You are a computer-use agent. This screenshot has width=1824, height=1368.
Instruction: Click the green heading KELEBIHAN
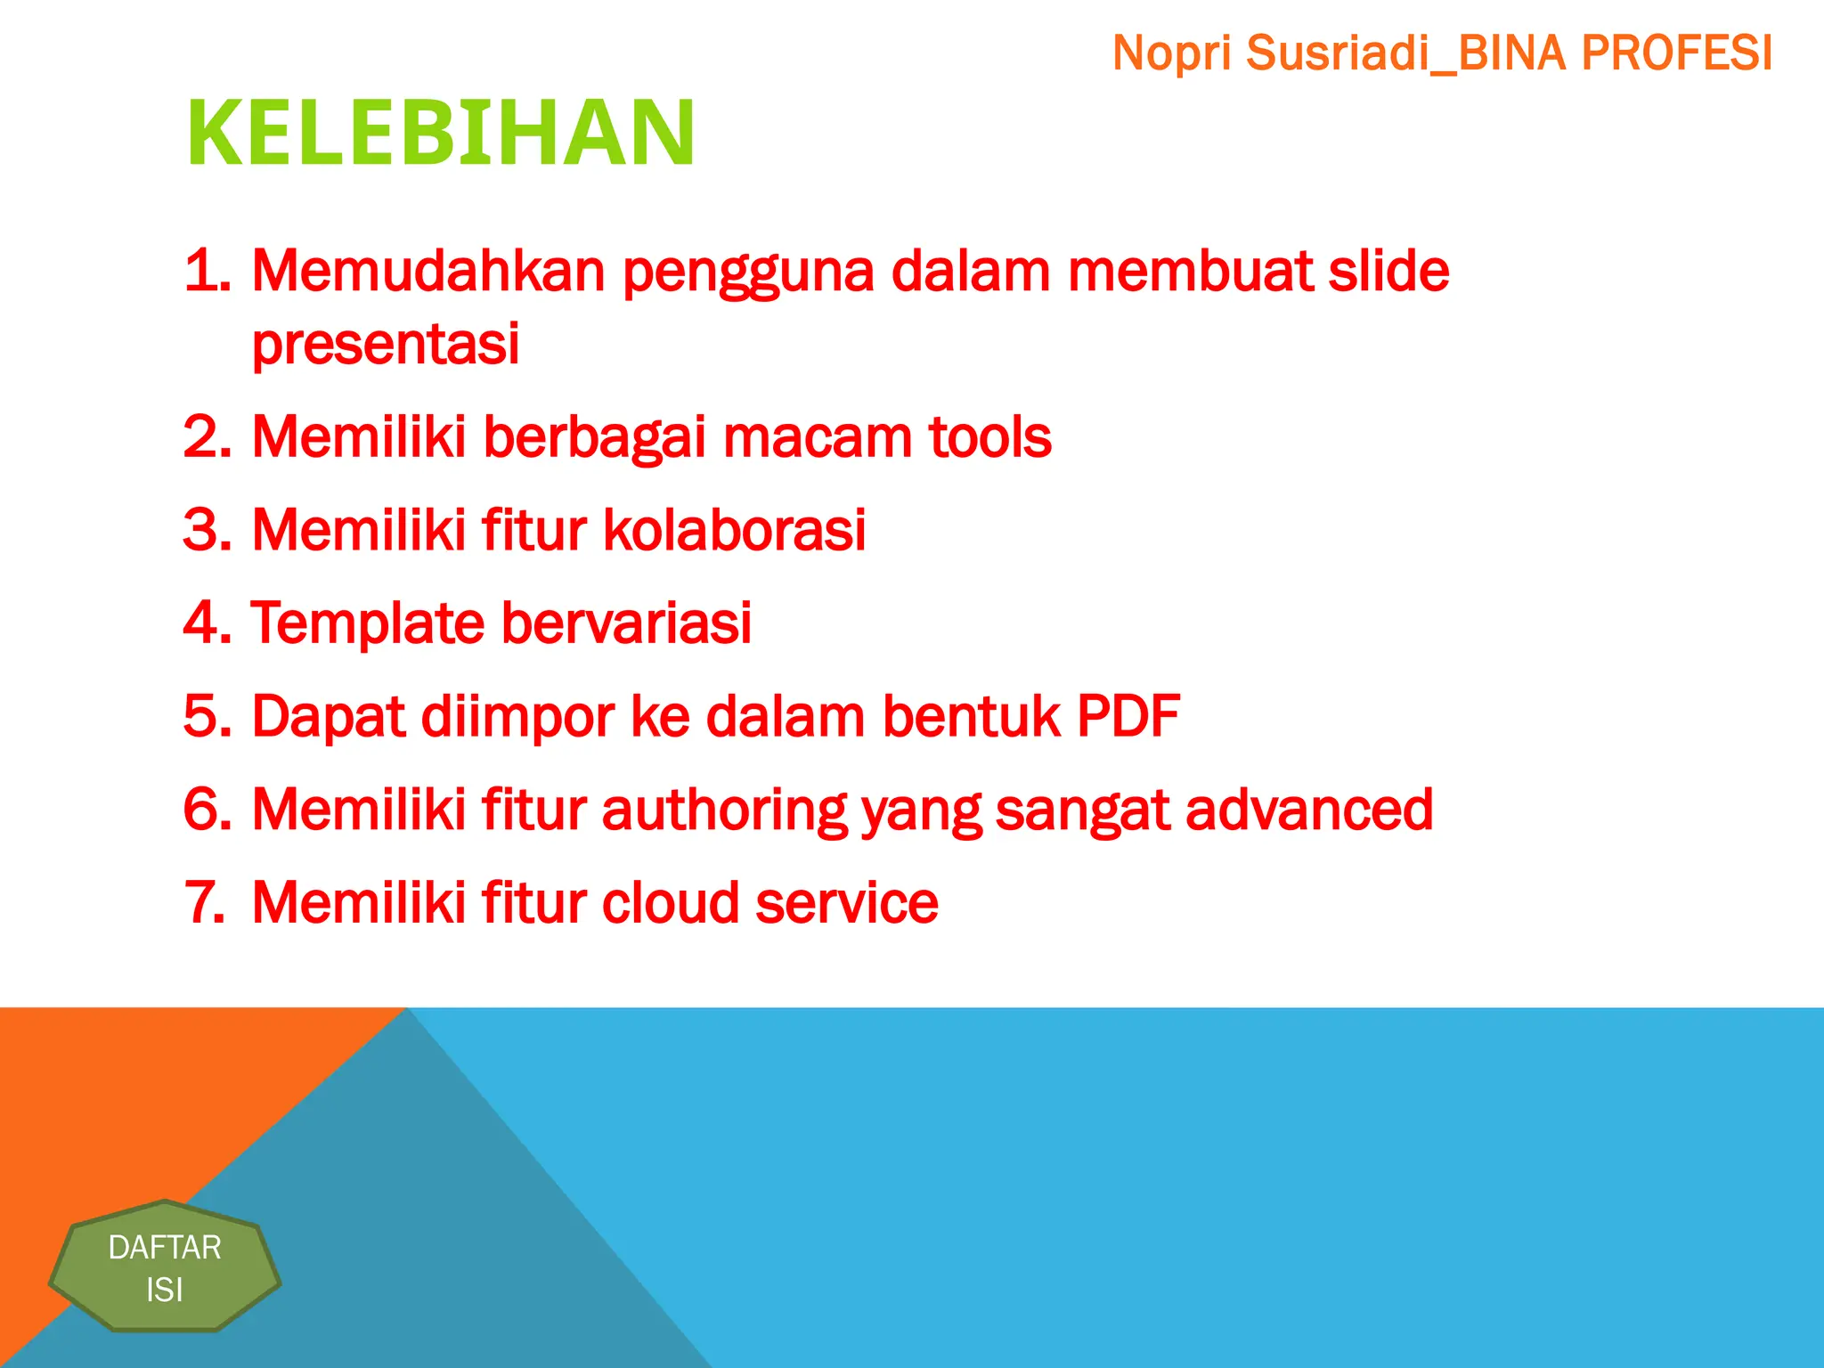[x=440, y=134]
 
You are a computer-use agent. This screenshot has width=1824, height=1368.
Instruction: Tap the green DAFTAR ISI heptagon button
[x=165, y=1267]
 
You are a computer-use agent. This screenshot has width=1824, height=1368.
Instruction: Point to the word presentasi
[x=385, y=344]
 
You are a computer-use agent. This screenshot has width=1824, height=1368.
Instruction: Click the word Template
[x=367, y=623]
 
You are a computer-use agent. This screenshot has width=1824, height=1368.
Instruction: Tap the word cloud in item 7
[x=670, y=903]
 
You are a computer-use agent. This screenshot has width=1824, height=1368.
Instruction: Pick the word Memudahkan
[x=428, y=271]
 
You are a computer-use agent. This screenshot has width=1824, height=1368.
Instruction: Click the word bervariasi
[x=626, y=623]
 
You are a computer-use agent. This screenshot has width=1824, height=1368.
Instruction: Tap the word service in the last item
[x=846, y=903]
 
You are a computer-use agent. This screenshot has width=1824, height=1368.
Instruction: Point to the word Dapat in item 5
[x=329, y=717]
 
